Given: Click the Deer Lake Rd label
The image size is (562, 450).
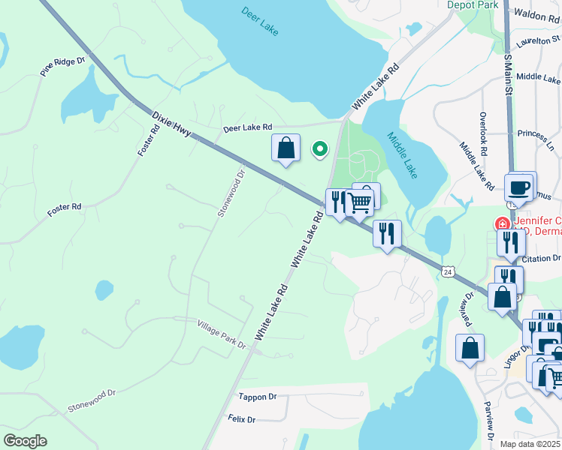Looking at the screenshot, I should click(247, 128).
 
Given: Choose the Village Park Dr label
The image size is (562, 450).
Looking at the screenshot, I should click(222, 333).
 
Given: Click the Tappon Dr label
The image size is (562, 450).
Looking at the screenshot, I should click(257, 397).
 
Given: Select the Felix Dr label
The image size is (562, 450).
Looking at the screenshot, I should click(242, 419).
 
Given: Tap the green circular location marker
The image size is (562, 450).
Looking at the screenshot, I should click(319, 149).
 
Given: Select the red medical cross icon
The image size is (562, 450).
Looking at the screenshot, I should click(501, 223).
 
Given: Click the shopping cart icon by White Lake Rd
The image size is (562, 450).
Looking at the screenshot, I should click(360, 202).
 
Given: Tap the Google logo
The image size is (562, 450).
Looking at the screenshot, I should click(25, 441).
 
